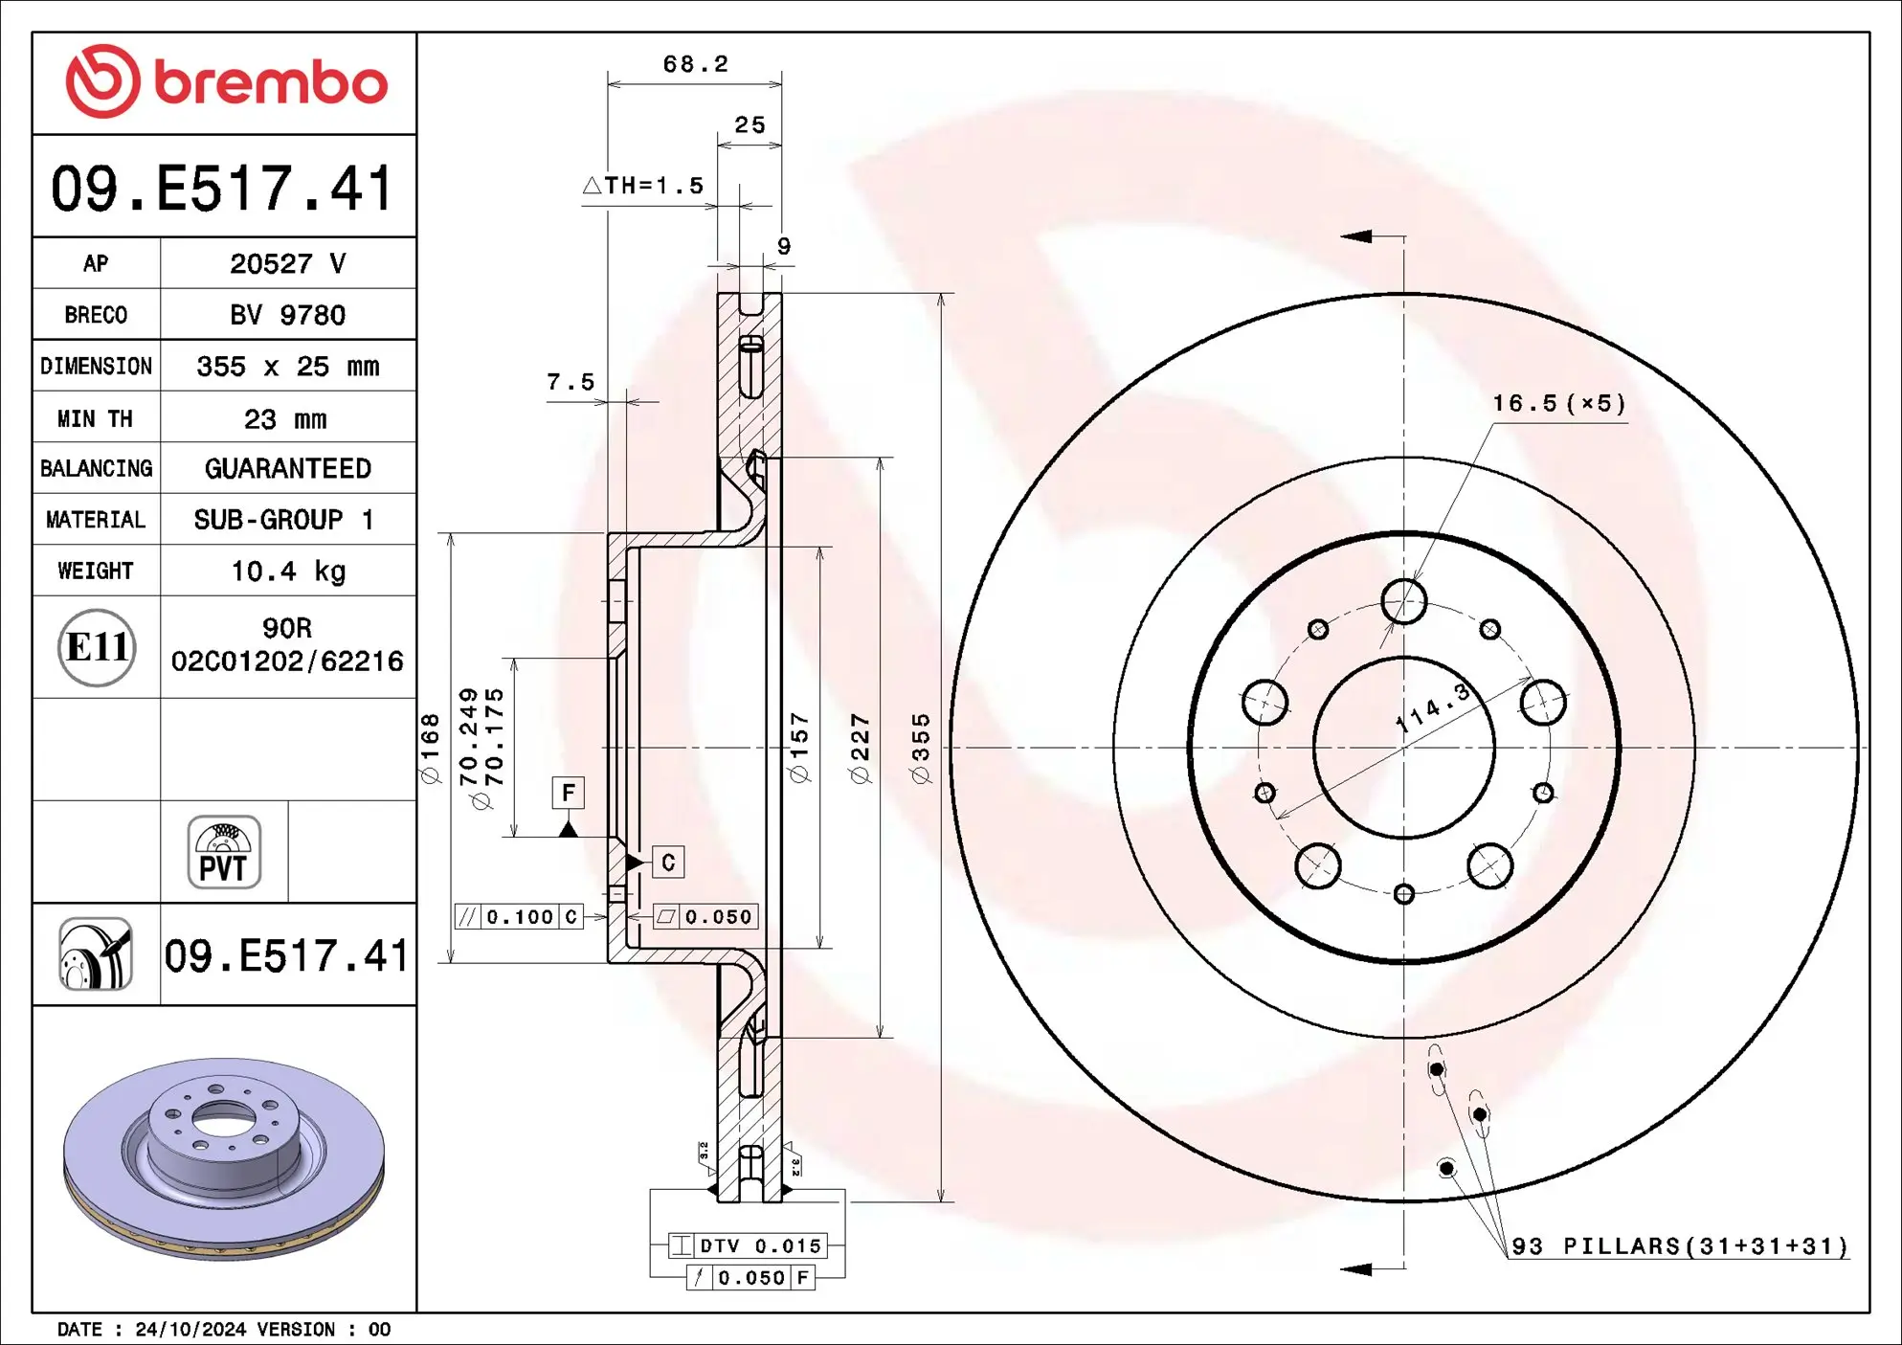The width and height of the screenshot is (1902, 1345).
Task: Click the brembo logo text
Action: [x=270, y=82]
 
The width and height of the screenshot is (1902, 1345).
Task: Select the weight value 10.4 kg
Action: [x=288, y=572]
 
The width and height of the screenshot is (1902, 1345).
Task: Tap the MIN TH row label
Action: [x=95, y=418]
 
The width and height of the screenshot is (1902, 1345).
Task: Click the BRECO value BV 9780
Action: [x=287, y=315]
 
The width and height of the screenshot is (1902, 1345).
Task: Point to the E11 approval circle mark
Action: [x=97, y=648]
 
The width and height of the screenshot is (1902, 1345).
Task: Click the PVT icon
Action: [x=224, y=852]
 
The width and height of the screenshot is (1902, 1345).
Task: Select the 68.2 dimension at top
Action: [x=695, y=64]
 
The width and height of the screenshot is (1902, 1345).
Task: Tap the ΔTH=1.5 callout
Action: [x=643, y=186]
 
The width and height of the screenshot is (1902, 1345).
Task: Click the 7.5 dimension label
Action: [x=571, y=382]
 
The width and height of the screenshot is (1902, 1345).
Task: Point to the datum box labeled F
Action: [x=569, y=793]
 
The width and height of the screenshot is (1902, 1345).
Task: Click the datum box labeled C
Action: [x=668, y=863]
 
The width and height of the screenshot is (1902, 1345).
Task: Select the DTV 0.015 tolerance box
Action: [x=748, y=1245]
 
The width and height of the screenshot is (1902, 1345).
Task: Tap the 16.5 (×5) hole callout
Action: [x=1558, y=403]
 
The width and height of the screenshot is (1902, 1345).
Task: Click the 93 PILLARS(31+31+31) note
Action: [x=1679, y=1245]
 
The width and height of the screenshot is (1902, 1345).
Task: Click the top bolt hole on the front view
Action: [x=1403, y=601]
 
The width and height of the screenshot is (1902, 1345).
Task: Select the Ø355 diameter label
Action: [x=921, y=748]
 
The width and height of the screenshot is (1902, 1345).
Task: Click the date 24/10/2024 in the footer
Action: [x=191, y=1330]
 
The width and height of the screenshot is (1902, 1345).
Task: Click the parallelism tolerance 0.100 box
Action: [x=519, y=917]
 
